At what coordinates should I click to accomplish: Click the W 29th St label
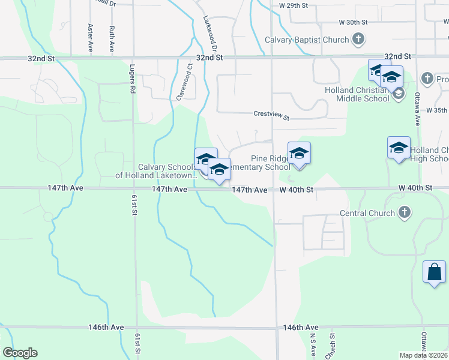(294, 5)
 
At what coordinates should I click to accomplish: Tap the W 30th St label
(352, 22)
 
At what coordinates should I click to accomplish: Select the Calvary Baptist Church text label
(307, 40)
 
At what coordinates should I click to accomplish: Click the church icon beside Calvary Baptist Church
(358, 40)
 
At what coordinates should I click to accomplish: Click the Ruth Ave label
(112, 37)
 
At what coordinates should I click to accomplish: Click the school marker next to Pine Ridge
(299, 153)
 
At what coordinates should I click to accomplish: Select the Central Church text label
(367, 213)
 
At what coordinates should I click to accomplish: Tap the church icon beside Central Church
(405, 212)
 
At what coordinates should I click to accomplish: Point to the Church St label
(331, 345)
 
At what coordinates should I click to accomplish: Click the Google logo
(20, 353)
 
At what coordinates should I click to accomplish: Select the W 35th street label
(437, 110)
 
